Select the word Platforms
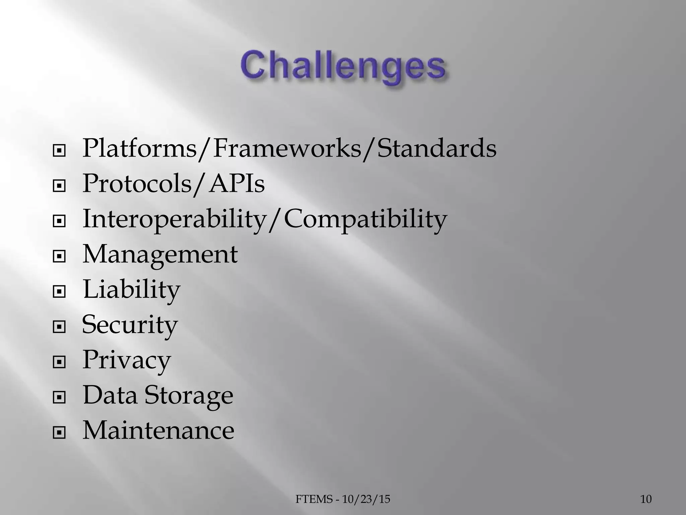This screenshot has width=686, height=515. (x=139, y=148)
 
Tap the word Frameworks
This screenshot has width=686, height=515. (x=287, y=148)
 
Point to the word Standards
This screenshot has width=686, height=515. (x=436, y=148)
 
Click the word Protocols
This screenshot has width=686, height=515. (x=137, y=184)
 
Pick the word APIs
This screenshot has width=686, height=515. (x=237, y=184)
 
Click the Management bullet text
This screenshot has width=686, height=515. (x=160, y=254)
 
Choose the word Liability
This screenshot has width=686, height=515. (x=131, y=290)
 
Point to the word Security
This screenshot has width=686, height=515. (x=130, y=325)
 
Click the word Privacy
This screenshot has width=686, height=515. (x=127, y=360)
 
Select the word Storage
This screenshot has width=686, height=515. (x=189, y=395)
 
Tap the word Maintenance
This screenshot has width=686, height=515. (x=158, y=431)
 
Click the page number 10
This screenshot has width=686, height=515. (x=646, y=500)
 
